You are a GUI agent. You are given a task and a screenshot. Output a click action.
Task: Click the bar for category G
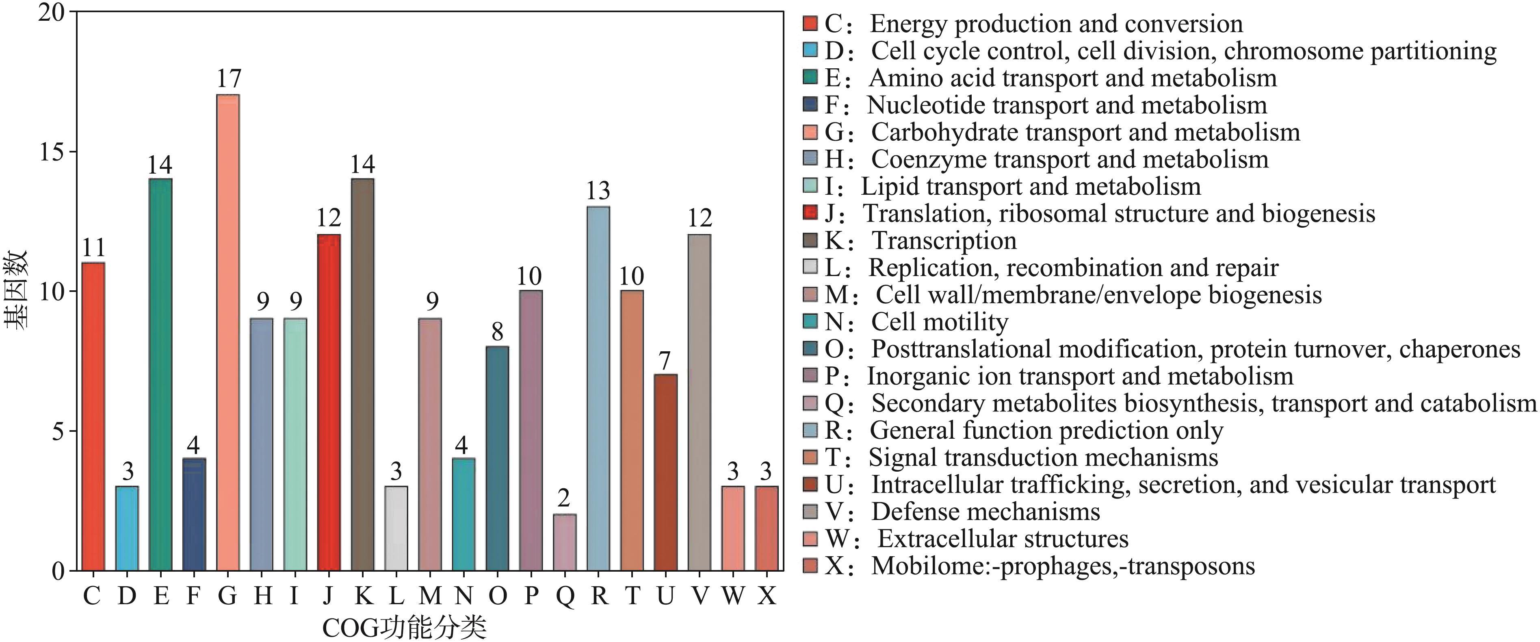(x=228, y=332)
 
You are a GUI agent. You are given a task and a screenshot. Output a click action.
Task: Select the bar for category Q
(x=565, y=542)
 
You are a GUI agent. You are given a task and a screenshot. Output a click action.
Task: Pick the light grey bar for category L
(x=396, y=528)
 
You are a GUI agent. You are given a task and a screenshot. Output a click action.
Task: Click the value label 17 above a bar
(x=228, y=78)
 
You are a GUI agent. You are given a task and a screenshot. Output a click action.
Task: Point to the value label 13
(x=598, y=191)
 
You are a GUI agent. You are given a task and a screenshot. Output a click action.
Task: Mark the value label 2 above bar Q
(x=564, y=498)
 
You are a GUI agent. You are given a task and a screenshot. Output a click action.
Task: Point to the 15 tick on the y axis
(x=52, y=152)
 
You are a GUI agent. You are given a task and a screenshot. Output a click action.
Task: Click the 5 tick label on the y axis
(x=58, y=431)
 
